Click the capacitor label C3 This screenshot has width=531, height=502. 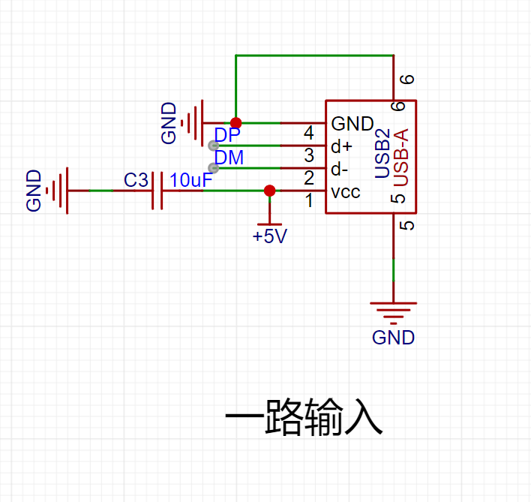136,180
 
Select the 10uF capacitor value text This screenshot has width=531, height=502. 191,180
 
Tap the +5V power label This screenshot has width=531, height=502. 269,236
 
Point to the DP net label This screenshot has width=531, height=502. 227,135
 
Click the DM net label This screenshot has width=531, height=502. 229,158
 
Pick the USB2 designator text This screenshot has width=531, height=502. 382,153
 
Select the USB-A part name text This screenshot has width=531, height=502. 401,157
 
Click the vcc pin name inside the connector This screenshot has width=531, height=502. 346,192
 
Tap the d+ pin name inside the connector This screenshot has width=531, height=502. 342,146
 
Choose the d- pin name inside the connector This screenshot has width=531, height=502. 340,169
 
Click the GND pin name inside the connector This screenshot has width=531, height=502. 352,124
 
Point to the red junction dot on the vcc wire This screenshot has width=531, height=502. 269,191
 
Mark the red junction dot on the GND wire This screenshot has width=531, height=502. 235,122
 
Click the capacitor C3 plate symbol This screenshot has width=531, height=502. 157,191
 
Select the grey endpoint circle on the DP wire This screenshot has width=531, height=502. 213,146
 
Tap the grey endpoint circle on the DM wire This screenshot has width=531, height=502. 213,168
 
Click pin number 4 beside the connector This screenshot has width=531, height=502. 308,133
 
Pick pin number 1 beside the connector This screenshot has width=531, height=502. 309,200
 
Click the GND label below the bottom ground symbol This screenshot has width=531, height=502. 393,338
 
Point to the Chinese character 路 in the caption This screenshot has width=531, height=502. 283,417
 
